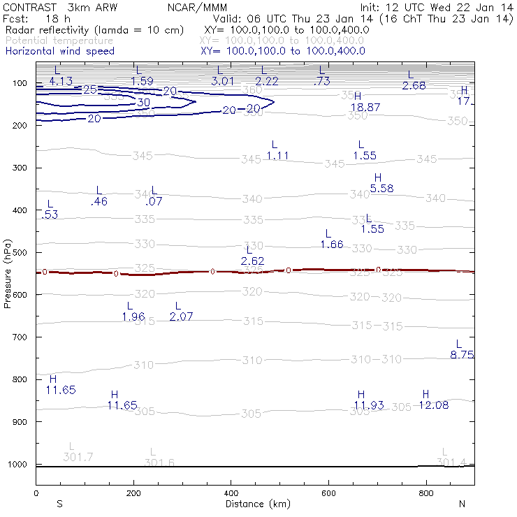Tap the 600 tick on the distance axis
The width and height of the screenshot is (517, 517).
pos(328,494)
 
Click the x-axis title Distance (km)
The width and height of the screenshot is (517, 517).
pos(255,504)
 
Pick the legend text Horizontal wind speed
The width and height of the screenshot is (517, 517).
pos(59,51)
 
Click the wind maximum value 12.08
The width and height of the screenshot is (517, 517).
pos(433,405)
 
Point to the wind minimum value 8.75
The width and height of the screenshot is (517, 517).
pos(463,355)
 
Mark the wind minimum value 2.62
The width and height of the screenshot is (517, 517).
pos(252,261)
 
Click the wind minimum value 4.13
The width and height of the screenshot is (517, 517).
pos(61,81)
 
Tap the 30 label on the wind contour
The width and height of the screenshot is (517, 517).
pos(143,103)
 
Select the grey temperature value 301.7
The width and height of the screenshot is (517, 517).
pos(78,457)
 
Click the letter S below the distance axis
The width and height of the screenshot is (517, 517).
pos(60,504)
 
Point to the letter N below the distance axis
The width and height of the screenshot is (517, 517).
pos(461,504)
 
